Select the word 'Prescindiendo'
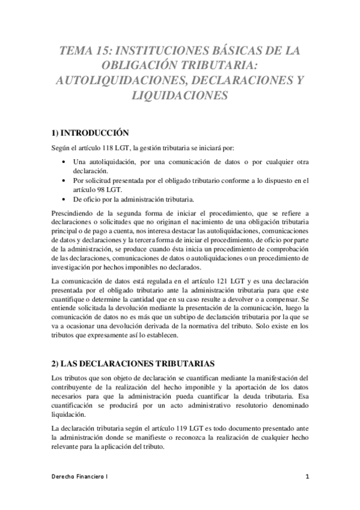tap(71, 213)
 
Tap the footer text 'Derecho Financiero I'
tap(79, 476)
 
